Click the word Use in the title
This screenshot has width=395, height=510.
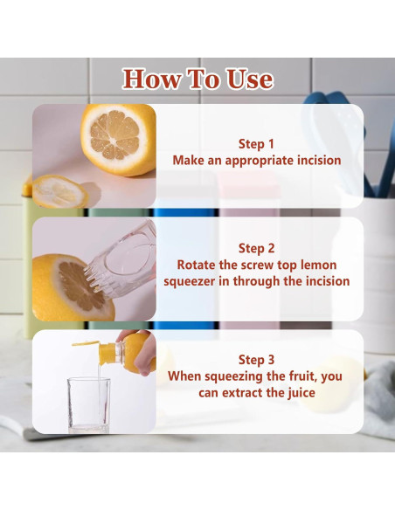click(250, 79)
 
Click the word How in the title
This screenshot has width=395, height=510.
click(152, 79)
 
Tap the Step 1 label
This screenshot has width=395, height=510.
click(256, 144)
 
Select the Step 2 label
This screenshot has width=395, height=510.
click(256, 248)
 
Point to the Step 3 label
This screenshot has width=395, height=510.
click(256, 360)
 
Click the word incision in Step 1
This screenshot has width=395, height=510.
click(319, 161)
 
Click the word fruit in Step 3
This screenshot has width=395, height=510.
click(304, 376)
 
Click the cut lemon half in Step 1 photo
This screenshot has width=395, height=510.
click(118, 139)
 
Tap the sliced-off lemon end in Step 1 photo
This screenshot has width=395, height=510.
click(60, 192)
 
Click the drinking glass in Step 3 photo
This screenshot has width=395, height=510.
click(88, 404)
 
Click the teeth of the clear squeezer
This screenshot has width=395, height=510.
click(96, 279)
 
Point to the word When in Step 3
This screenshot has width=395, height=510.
click(184, 376)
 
